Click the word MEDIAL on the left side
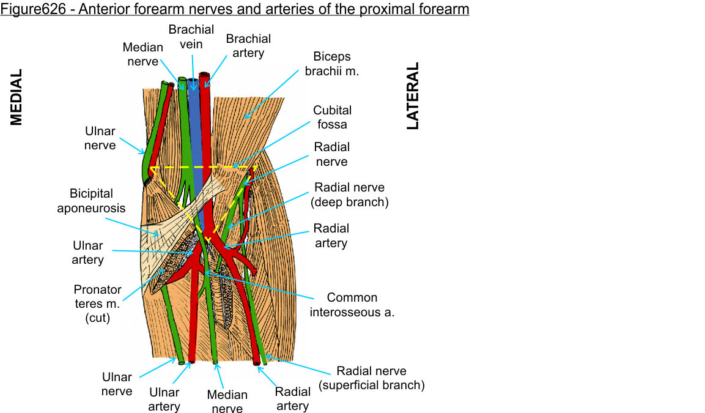click(x=16, y=97)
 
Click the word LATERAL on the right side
click(x=413, y=95)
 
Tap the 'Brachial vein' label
click(x=191, y=36)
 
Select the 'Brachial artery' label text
click(x=248, y=46)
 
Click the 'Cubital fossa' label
click(x=332, y=117)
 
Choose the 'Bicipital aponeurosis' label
click(x=91, y=201)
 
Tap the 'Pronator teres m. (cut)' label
click(x=98, y=303)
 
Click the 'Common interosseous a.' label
click(x=352, y=305)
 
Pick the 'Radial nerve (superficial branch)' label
click(x=372, y=378)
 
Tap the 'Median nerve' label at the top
click(x=143, y=54)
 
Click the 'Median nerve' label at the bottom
click(x=227, y=402)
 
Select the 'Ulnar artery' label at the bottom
click(x=164, y=400)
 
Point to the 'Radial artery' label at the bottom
click(x=292, y=398)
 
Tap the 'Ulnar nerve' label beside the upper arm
click(x=100, y=138)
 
